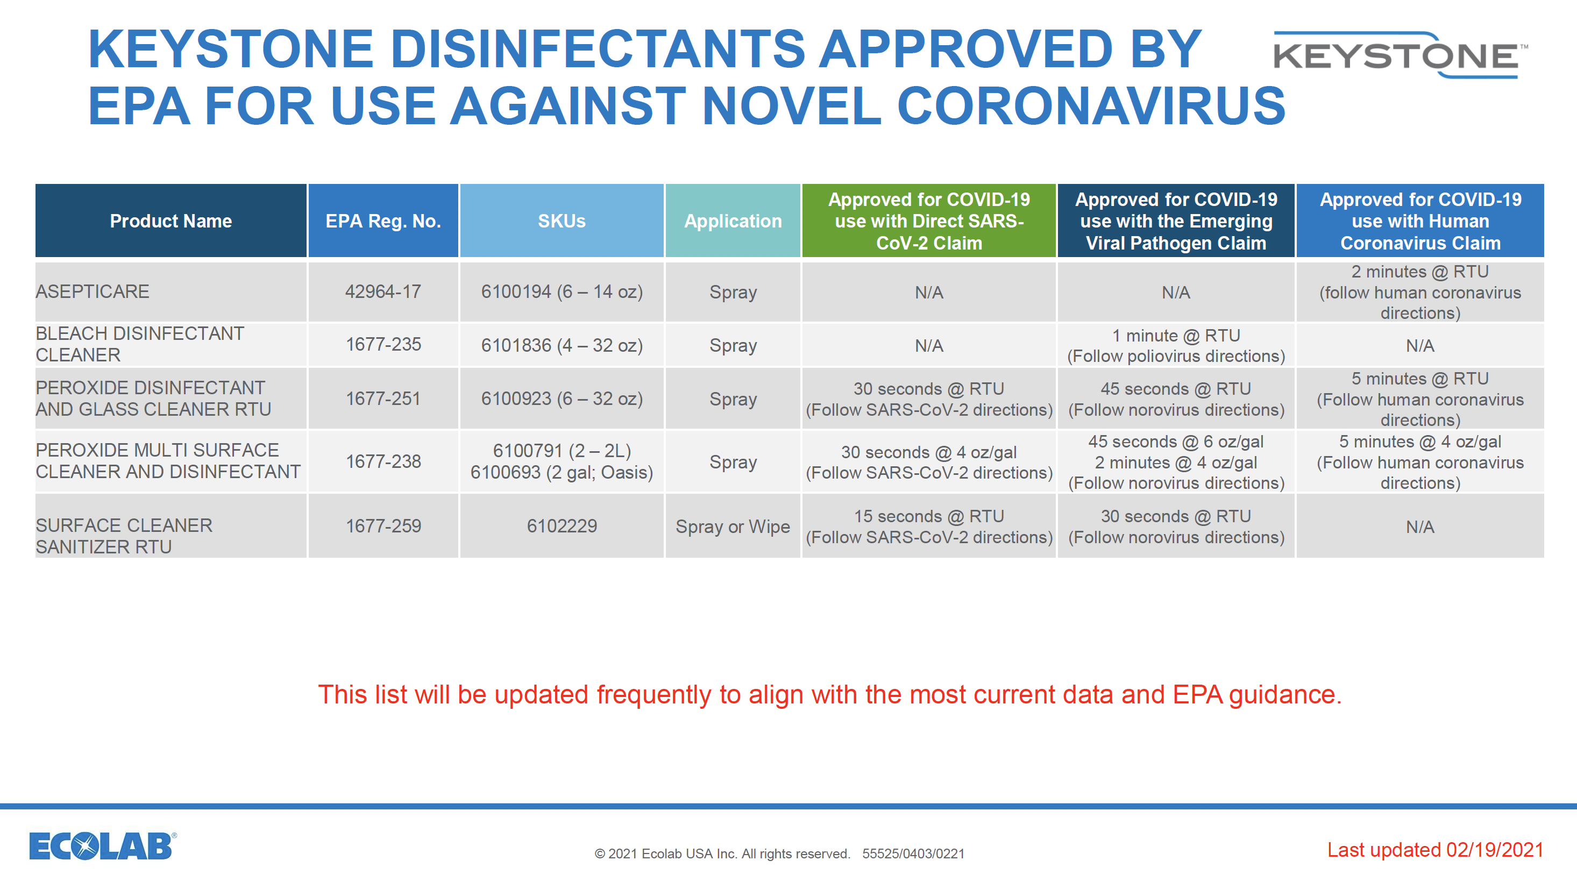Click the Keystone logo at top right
coord(1401,55)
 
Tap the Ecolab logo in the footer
coord(103,846)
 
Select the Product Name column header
coord(171,221)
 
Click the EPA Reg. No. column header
coord(383,221)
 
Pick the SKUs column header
coord(562,221)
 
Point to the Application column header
coord(733,221)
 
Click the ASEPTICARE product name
coord(93,291)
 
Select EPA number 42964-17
coord(383,291)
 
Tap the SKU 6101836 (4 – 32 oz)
coord(562,345)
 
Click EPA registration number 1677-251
coord(383,399)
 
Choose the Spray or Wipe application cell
coord(733,527)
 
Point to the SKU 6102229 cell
coord(562,526)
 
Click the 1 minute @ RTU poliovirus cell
coord(1176,346)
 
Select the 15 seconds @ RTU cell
coord(929,527)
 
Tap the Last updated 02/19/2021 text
coord(1435,850)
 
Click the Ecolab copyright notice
coord(779,854)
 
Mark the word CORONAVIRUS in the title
coord(1091,106)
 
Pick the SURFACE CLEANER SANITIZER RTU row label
coord(124,536)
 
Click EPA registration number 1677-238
coord(383,461)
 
